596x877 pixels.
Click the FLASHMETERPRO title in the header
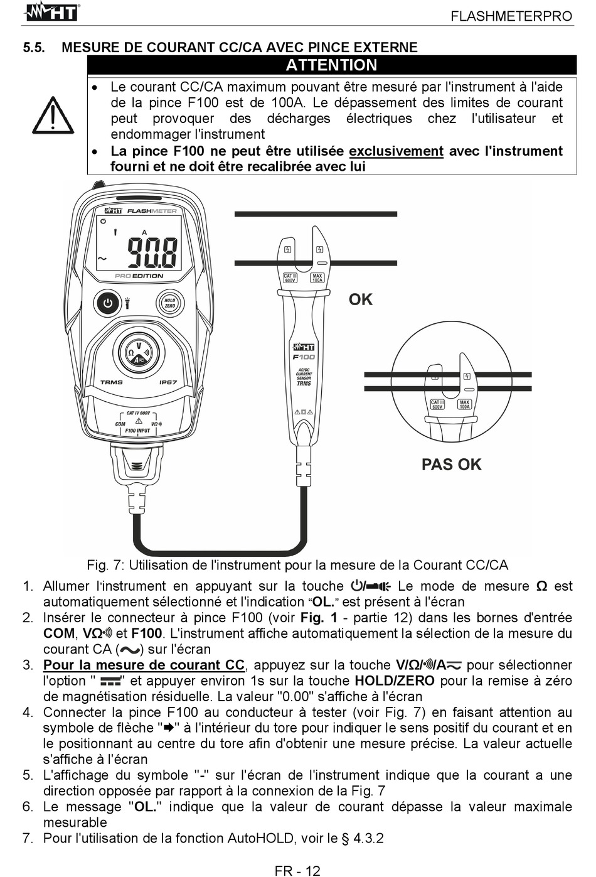511,16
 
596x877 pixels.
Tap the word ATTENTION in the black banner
331,65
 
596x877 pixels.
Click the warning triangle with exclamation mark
53,116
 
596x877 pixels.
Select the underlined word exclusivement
396,151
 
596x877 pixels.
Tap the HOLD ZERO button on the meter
169,303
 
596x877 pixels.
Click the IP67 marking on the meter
168,382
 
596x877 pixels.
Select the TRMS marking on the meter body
112,382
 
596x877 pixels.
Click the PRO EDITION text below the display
139,276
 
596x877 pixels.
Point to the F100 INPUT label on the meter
137,431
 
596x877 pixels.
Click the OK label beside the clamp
361,299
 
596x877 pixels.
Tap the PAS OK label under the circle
451,465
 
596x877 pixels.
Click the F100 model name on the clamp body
304,357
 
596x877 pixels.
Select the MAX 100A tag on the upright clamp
317,277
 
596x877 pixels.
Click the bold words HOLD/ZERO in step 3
395,681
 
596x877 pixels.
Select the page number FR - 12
297,870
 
